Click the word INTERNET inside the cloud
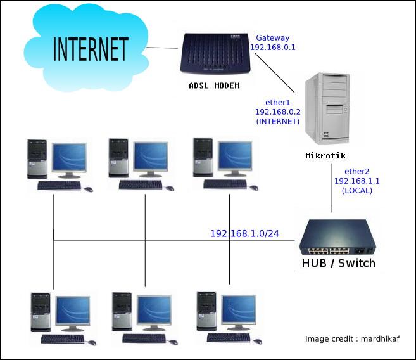91,49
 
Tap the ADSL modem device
215,53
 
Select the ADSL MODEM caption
215,86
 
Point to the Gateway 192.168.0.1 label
273,42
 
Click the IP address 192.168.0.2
278,112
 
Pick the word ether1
278,103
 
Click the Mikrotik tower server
328,108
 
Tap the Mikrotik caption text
325,155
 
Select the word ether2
357,172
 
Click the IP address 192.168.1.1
357,181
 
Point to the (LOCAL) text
357,191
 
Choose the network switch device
337,237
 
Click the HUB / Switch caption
339,263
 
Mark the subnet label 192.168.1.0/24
244,234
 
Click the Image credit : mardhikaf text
352,338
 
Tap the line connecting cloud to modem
162,48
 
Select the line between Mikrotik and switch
332,188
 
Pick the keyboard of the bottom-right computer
229,338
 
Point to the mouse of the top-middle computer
170,188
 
